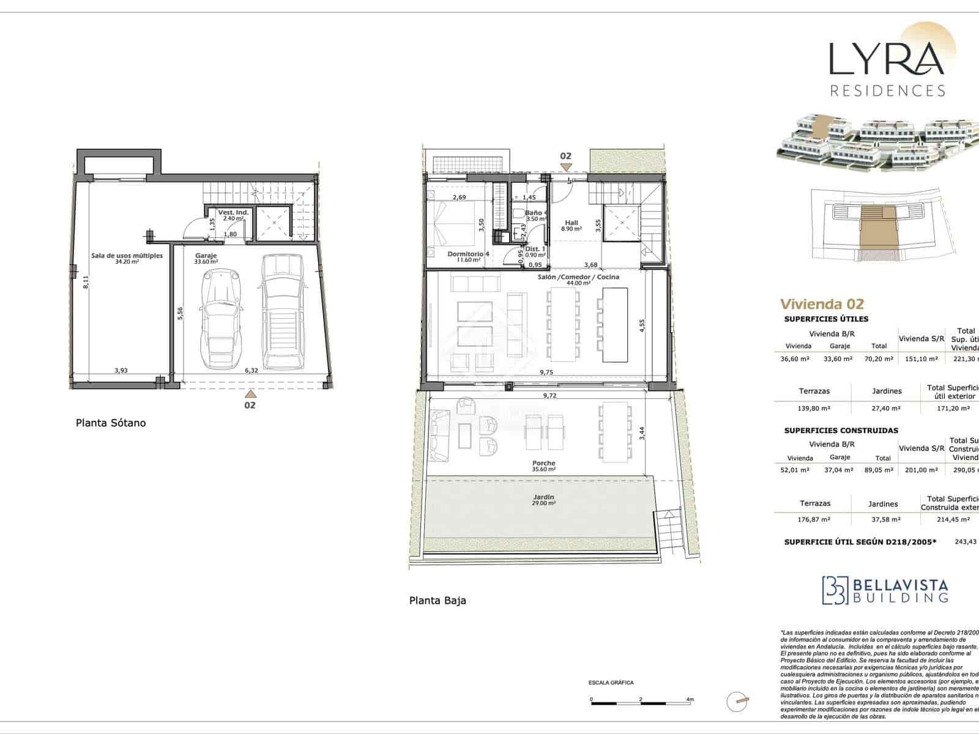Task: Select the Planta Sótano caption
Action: coord(111,423)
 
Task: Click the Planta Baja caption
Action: coord(437,600)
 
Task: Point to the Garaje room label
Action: coord(206,256)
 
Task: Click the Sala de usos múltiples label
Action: coord(127,255)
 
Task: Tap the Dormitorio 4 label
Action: coord(468,254)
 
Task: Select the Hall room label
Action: coord(571,223)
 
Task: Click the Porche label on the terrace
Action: coord(543,463)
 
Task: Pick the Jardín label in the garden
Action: coord(543,497)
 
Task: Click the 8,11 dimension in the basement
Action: coord(86,282)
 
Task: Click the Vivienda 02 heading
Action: coord(822,304)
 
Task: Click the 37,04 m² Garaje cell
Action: coord(839,470)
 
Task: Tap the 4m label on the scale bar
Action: coord(690,699)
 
